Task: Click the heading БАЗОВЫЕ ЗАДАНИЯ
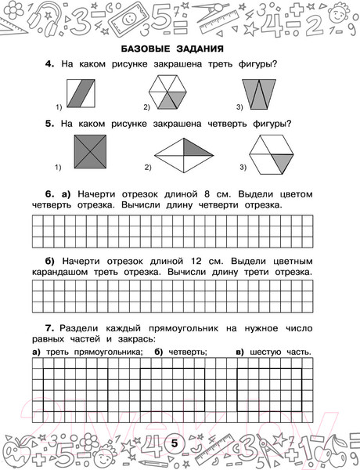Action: (x=179, y=49)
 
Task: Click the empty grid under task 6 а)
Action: (x=173, y=230)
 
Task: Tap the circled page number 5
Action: (x=175, y=445)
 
